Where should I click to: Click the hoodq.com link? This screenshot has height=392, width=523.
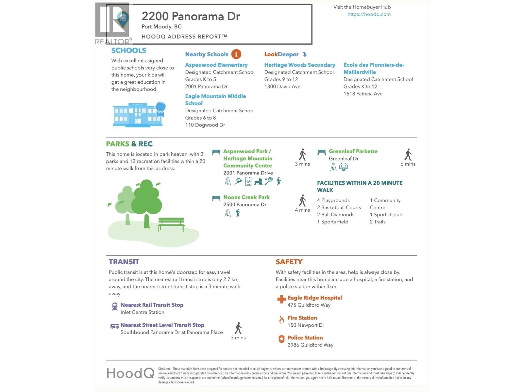point(369,14)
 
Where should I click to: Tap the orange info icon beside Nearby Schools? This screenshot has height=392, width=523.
point(236,54)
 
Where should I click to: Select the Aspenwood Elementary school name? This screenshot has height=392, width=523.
point(216,65)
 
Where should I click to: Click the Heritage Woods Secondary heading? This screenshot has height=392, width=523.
point(299,65)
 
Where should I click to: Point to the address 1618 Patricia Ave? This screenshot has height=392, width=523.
point(363,94)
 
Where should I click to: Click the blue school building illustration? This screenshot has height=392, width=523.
point(138,115)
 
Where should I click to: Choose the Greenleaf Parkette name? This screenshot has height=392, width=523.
point(353,151)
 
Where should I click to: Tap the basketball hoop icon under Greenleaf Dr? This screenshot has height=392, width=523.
point(343,167)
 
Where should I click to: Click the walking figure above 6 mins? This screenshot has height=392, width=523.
point(408,155)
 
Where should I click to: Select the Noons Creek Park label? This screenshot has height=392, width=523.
point(246,197)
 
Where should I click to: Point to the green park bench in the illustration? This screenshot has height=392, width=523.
point(171,224)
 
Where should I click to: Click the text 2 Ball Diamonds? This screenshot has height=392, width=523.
point(335,215)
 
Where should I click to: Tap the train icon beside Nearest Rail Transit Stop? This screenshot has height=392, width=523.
point(114,306)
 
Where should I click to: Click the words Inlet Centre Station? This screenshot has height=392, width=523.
point(142,312)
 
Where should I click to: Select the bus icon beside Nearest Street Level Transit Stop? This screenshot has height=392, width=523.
point(114,326)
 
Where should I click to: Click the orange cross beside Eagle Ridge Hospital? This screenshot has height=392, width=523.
point(281,299)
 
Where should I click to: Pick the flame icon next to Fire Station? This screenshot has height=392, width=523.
point(281,319)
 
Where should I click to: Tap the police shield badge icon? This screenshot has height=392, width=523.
point(281,339)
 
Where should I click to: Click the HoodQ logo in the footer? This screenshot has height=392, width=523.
point(130,373)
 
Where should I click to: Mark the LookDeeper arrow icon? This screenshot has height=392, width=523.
point(304,55)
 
